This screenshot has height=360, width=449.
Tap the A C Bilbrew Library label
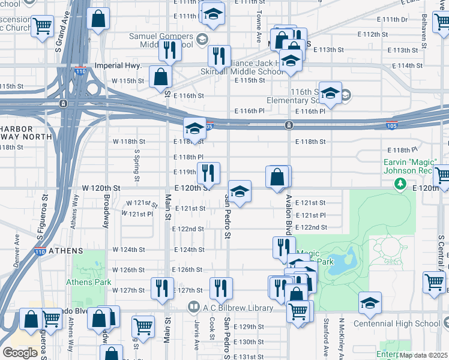point(238,308)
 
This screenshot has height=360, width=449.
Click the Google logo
point(19,353)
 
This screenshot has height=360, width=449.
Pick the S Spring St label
point(137,165)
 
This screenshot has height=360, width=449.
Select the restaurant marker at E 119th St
point(208,172)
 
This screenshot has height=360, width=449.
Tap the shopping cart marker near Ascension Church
point(42,26)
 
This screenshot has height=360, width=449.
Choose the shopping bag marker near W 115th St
point(160,76)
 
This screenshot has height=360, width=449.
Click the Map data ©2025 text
point(423,355)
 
